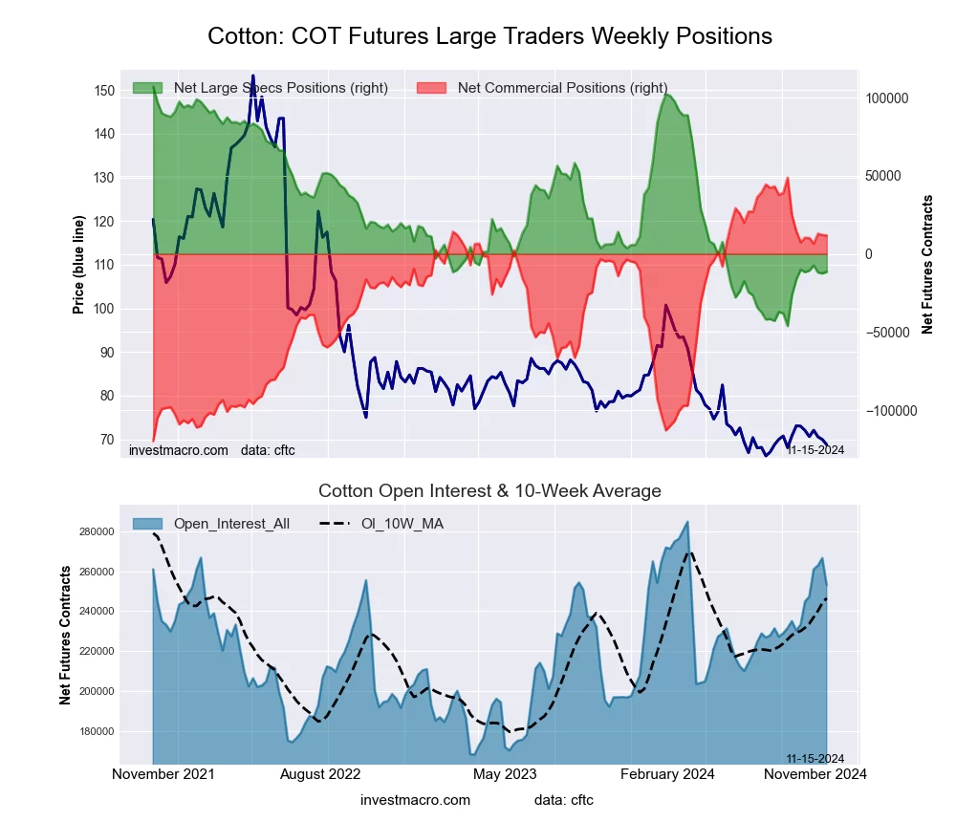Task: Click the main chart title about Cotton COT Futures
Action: pyautogui.click(x=489, y=36)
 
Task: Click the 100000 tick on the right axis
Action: pyautogui.click(x=886, y=98)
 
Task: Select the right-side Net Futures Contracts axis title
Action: pyautogui.click(x=927, y=264)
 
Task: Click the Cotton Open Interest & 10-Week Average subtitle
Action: pyautogui.click(x=489, y=491)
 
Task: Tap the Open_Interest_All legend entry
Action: pyautogui.click(x=230, y=523)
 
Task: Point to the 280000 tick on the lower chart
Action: pyautogui.click(x=98, y=531)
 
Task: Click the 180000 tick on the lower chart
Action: pyautogui.click(x=98, y=731)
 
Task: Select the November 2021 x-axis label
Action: pyautogui.click(x=163, y=774)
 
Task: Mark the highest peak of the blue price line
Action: pyautogui.click(x=252, y=76)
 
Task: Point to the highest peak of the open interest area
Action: pyautogui.click(x=687, y=522)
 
